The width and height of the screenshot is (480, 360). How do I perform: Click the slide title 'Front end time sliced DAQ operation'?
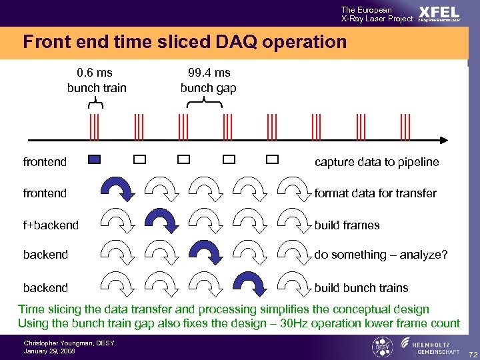point(185,43)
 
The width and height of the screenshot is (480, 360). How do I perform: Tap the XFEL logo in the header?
point(439,14)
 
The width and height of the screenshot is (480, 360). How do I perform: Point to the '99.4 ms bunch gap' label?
point(208,80)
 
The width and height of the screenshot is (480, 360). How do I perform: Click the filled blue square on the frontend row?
point(95,159)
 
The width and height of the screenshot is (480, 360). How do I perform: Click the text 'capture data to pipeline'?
point(377,161)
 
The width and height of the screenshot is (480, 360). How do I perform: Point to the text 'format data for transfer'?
point(375,193)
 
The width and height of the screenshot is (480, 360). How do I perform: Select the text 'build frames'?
point(347,225)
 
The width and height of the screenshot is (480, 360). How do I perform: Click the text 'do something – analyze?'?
point(381,255)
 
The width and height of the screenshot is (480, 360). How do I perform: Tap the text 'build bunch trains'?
point(361,288)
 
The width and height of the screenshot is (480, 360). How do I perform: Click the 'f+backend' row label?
point(51,225)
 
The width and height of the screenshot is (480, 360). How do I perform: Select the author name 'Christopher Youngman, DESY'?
point(69,343)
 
